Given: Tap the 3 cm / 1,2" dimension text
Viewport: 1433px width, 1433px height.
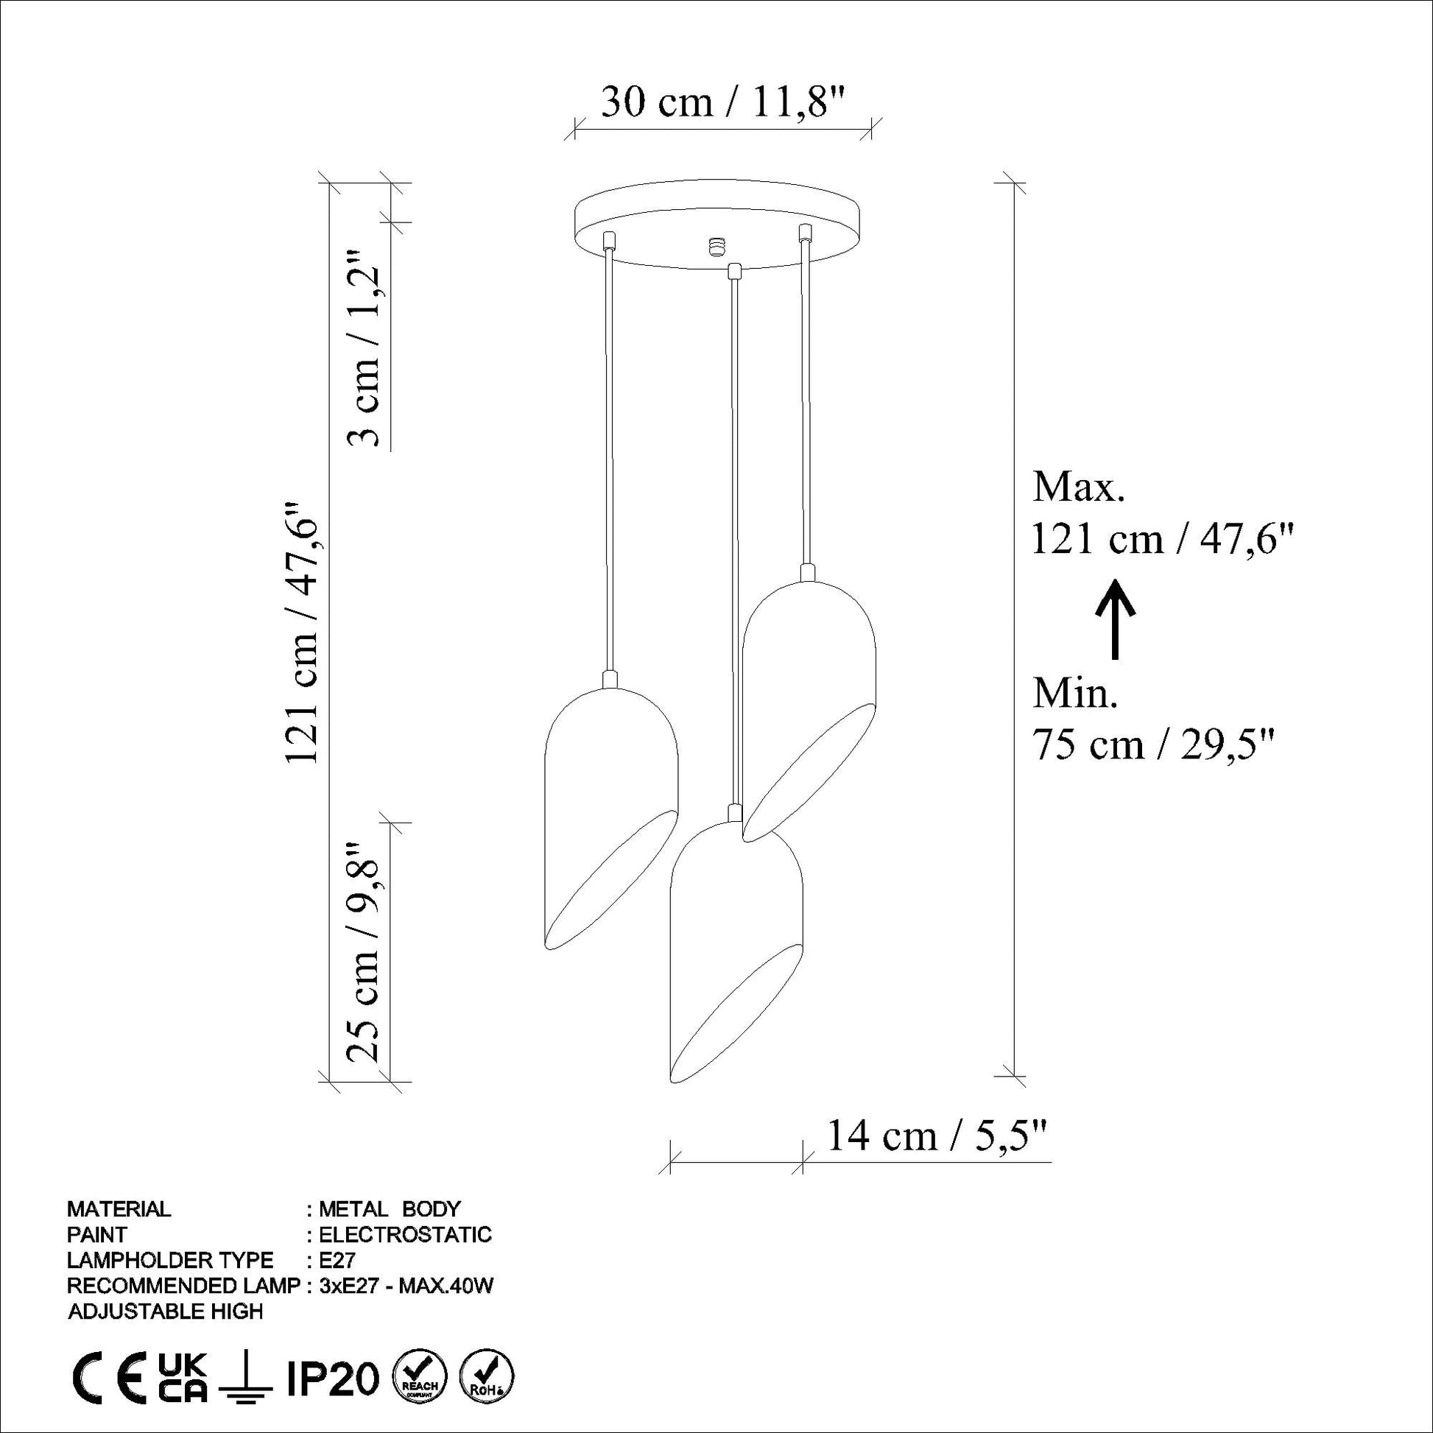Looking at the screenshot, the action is tap(366, 347).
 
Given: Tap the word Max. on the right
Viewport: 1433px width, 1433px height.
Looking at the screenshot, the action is tap(1080, 488).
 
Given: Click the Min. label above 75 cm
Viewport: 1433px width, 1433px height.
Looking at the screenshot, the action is tap(1075, 694).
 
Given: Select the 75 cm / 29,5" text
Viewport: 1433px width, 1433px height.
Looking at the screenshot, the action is tap(1153, 744).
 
